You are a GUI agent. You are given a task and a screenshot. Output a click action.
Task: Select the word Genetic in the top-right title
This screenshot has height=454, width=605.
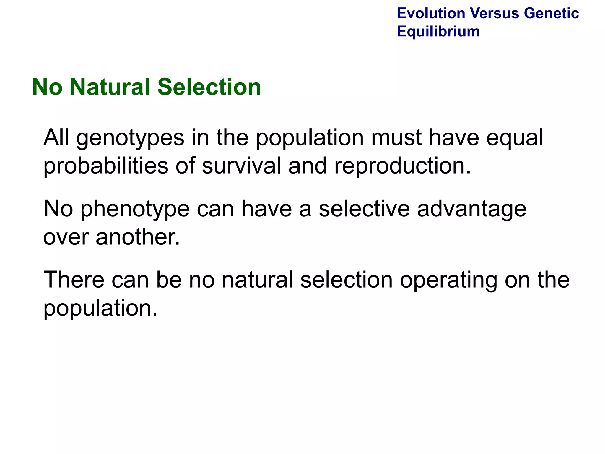[551, 13]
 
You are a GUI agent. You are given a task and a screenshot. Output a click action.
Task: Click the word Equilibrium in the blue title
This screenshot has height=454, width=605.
[438, 31]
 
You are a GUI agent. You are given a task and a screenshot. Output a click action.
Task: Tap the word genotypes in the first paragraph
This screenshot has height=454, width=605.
[130, 138]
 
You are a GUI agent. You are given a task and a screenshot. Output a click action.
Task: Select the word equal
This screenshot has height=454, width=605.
[514, 138]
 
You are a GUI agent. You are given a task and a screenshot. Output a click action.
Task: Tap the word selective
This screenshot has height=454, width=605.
[364, 209]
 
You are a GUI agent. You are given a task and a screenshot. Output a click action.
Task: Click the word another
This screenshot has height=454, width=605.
[138, 237]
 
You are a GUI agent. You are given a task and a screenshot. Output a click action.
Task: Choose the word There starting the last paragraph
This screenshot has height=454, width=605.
[74, 280]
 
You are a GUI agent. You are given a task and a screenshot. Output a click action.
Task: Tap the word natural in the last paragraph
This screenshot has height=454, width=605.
[257, 280]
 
